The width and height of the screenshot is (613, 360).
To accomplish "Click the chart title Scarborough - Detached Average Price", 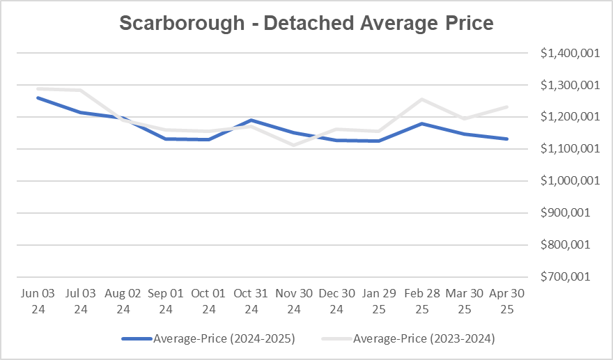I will point(306,23).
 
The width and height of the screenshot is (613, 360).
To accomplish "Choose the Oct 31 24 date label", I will point(251,301).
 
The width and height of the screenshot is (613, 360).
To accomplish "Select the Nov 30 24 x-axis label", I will point(293,301).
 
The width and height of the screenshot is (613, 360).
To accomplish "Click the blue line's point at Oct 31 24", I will point(251,120).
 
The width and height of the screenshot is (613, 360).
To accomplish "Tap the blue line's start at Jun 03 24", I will point(37,97).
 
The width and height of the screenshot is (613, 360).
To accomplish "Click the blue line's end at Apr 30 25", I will point(507,139).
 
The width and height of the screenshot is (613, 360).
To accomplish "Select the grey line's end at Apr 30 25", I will point(507,107).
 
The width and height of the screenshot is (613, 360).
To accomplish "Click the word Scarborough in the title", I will point(182,23).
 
